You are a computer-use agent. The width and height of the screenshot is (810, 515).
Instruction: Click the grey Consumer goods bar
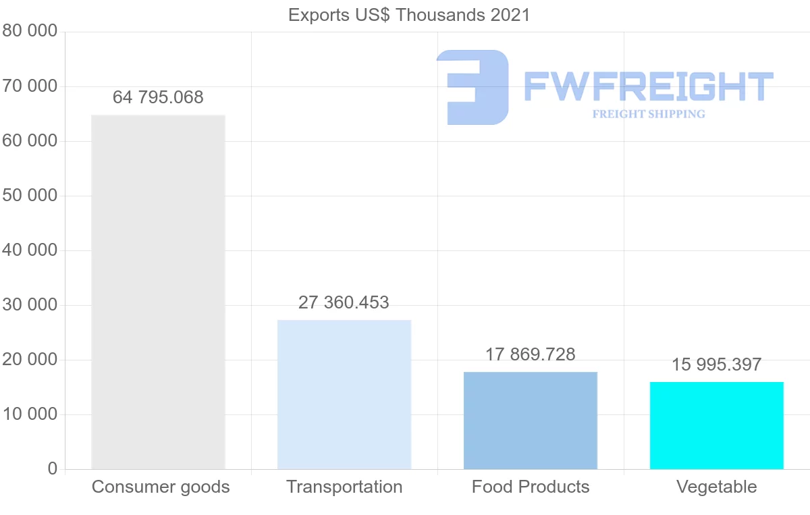point(158,292)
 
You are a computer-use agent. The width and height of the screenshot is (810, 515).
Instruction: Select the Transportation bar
point(344,394)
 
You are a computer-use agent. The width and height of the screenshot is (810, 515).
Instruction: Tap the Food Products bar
point(531,420)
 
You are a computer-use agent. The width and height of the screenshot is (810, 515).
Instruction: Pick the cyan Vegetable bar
point(717,425)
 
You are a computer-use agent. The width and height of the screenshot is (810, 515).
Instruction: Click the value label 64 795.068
point(158,98)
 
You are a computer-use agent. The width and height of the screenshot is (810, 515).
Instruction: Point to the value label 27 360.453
point(344,303)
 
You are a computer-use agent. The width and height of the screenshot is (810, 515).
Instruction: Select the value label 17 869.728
point(531,355)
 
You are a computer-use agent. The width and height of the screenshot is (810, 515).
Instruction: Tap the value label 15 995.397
point(717,365)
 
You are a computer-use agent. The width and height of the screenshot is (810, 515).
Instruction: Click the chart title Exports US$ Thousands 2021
point(409,15)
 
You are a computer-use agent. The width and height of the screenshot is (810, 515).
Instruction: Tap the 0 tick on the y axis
point(52,469)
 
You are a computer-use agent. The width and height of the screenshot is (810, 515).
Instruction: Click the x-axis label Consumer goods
point(161,487)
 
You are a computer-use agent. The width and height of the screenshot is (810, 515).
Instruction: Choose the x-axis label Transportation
point(344,487)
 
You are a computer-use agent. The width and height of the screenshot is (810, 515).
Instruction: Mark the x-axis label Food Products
point(531,487)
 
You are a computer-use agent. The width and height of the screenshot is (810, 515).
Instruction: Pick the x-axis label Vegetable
point(717,487)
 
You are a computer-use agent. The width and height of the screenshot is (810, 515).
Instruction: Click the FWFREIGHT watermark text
point(648,86)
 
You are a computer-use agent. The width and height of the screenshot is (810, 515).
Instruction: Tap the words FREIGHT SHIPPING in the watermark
point(649,114)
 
